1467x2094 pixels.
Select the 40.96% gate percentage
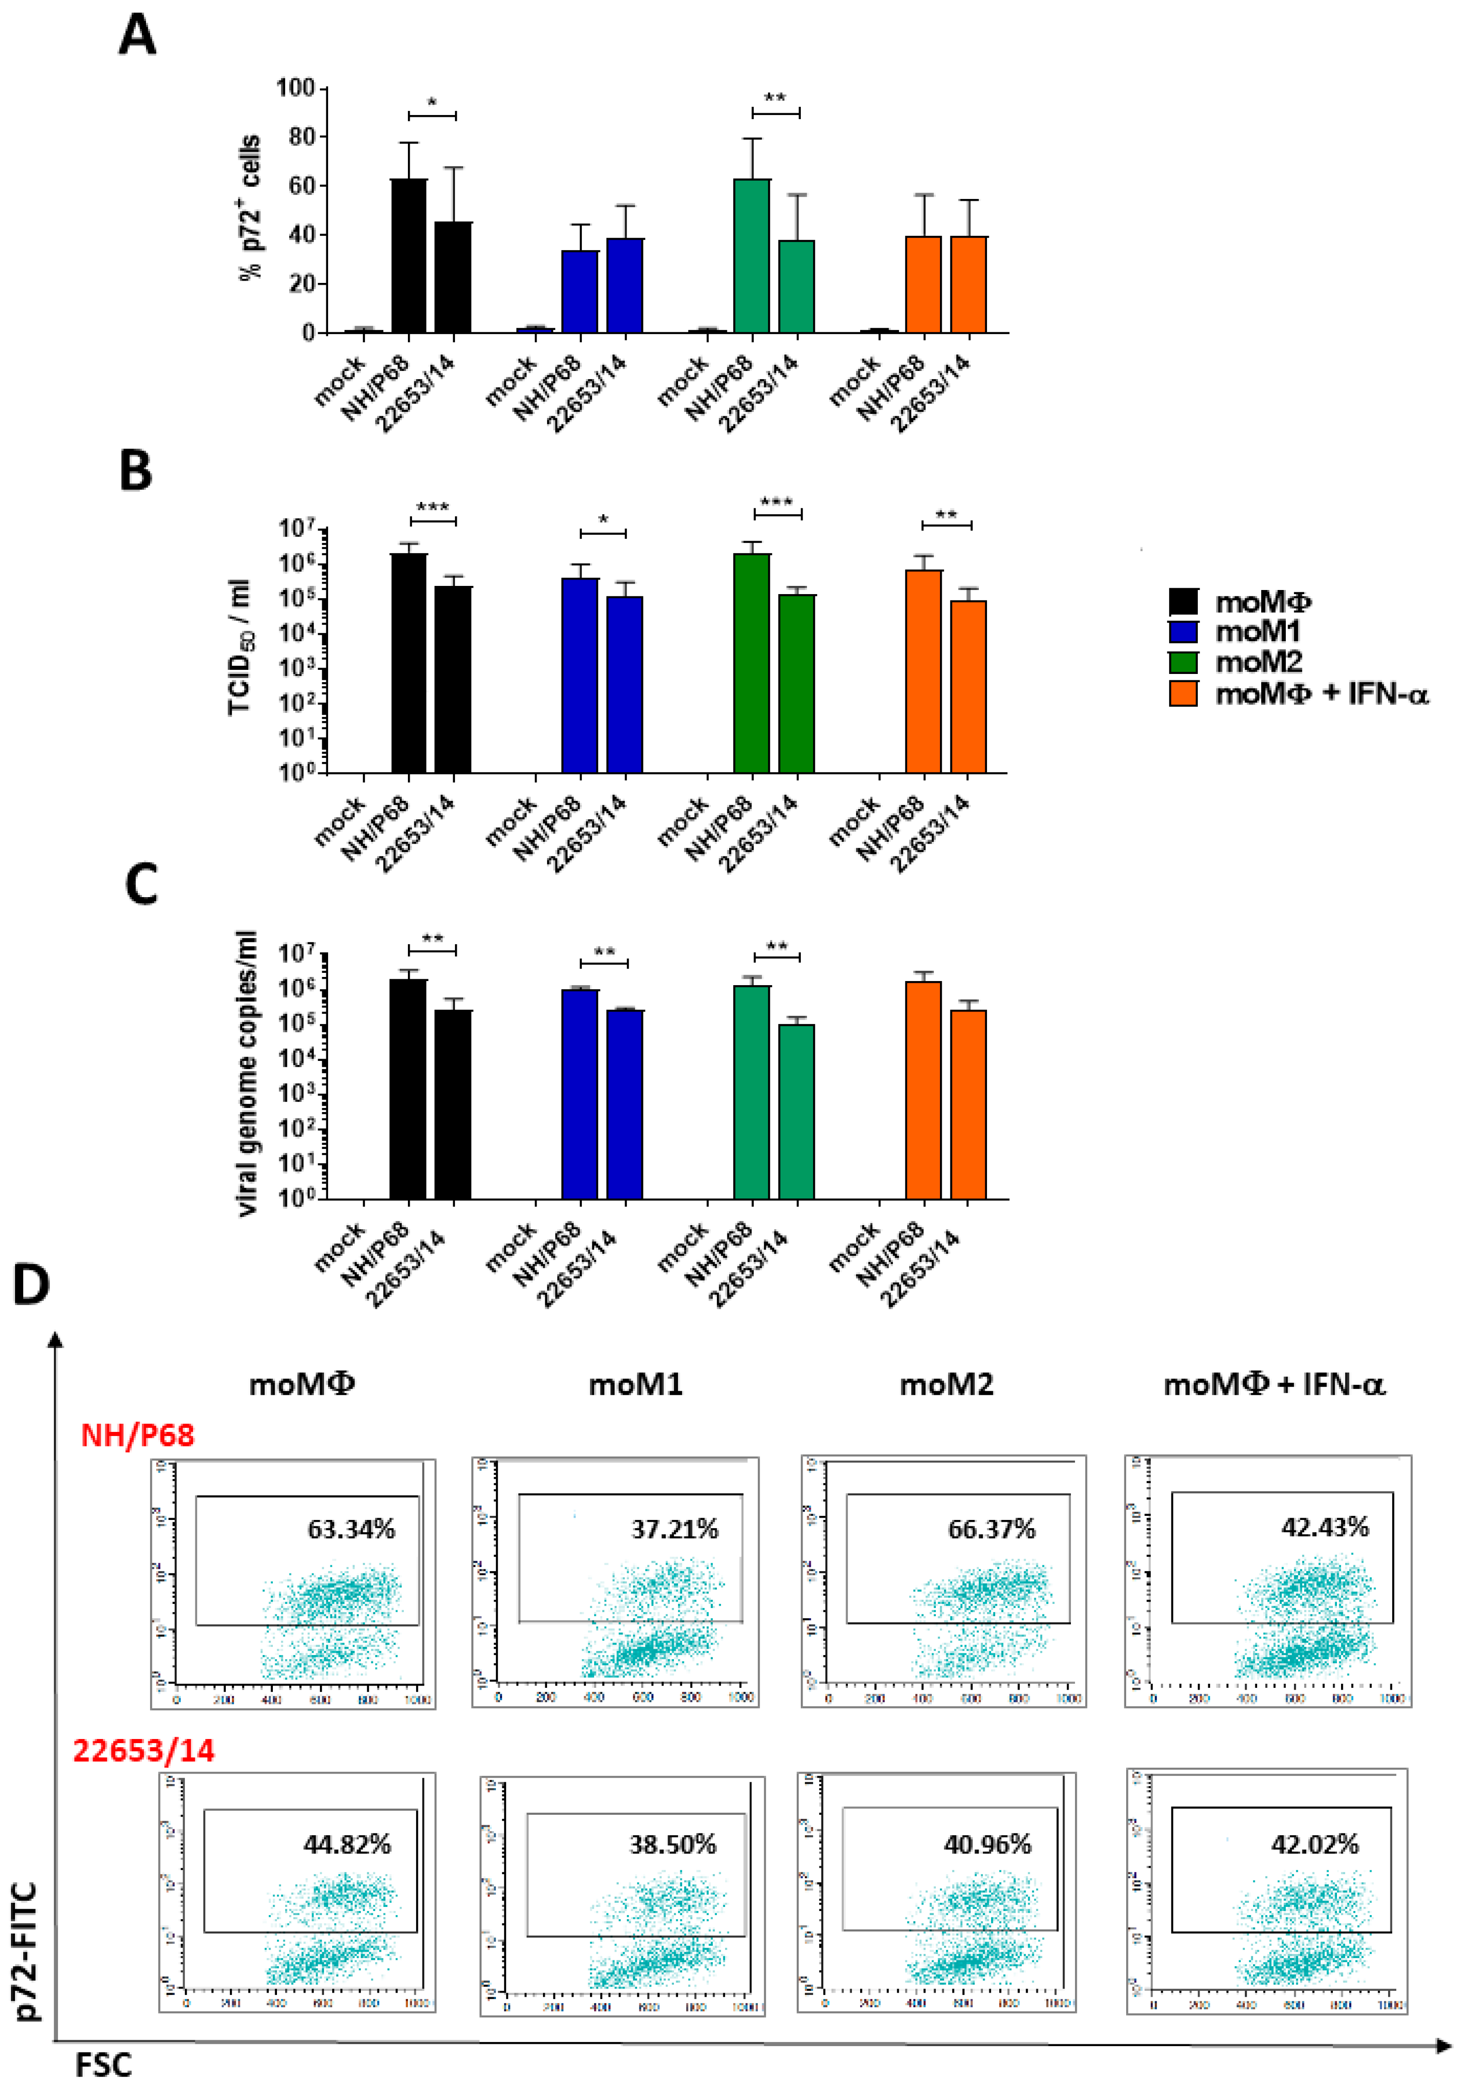[987, 1844]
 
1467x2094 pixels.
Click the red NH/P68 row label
[138, 1436]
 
